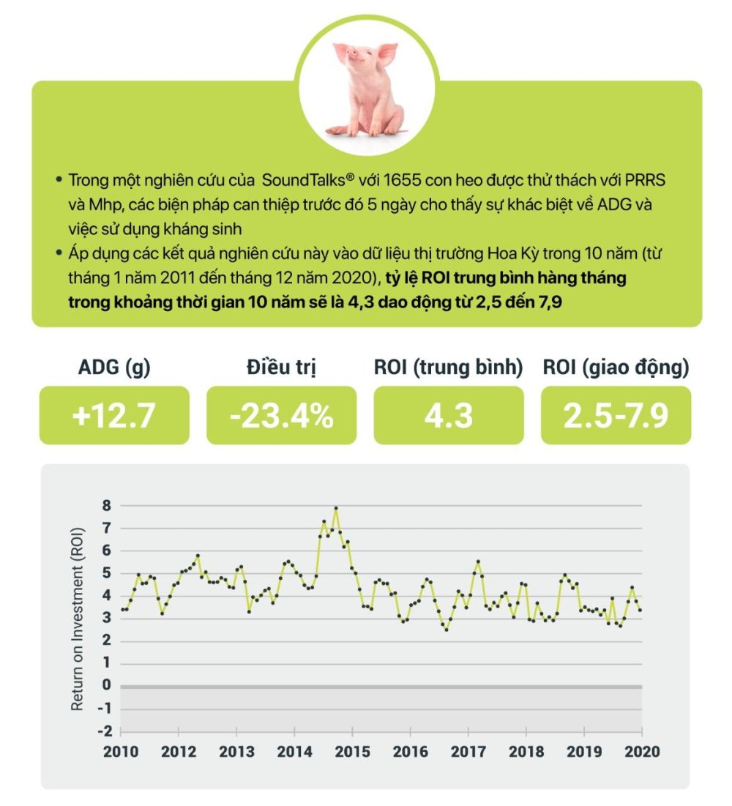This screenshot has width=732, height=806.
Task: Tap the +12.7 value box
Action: point(114,415)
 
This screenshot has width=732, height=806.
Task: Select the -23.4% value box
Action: point(281,415)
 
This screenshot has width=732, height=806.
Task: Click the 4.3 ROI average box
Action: point(449,415)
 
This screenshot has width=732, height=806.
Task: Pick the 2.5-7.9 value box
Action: point(616,415)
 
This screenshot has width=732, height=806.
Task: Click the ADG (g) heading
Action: point(114,367)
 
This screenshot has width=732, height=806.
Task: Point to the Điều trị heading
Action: point(281,367)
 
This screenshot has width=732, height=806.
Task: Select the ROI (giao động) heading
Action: point(616,367)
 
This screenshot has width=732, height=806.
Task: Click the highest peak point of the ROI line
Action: point(336,508)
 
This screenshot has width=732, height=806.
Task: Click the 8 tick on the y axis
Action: point(107,505)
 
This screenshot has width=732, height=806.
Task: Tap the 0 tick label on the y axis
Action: point(107,686)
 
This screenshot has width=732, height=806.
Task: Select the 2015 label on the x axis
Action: point(351,752)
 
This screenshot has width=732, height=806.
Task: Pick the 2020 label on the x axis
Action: point(642,752)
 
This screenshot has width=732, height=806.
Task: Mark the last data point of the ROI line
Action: point(640,610)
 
